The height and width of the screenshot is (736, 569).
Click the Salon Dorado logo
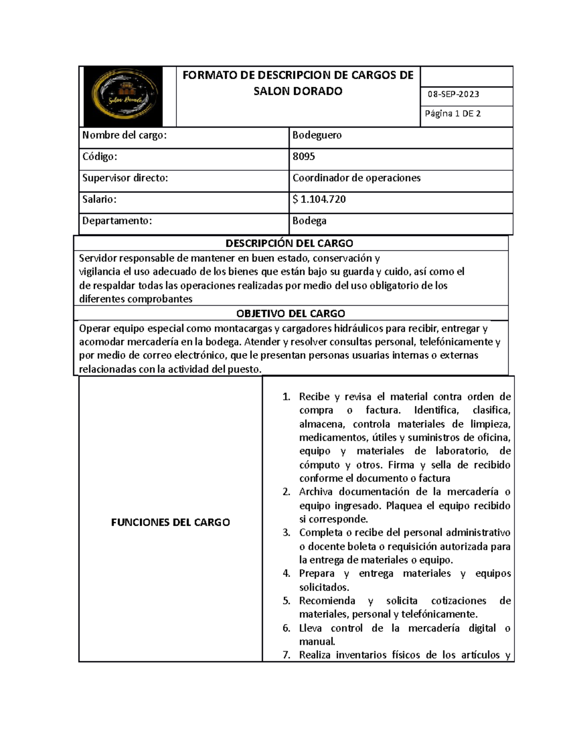click(123, 97)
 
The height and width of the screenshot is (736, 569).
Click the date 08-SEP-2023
click(453, 94)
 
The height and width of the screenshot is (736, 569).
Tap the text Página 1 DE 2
click(453, 114)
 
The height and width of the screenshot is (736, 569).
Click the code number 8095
click(303, 157)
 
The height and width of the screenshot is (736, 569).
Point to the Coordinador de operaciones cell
click(356, 178)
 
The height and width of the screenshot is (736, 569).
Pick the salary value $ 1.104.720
click(319, 200)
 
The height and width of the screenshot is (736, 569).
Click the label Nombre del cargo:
click(124, 136)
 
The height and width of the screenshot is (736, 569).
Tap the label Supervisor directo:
click(125, 178)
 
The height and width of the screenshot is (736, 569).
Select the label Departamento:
click(117, 221)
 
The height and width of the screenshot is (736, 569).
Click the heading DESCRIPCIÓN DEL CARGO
click(289, 244)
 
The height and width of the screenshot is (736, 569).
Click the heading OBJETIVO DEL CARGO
click(290, 314)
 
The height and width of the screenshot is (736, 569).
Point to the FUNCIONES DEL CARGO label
click(170, 522)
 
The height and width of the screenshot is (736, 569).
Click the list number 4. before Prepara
click(286, 573)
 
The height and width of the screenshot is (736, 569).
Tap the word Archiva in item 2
click(316, 492)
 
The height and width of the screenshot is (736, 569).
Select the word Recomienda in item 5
click(327, 601)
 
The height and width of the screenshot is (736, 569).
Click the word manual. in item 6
click(317, 642)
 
